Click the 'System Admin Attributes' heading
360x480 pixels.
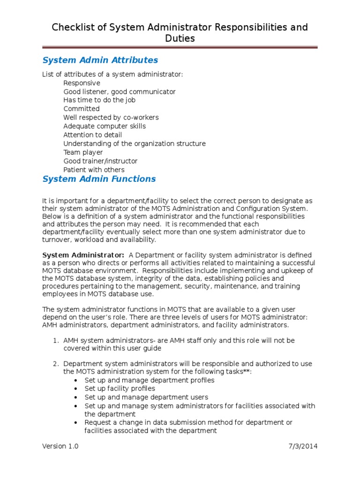pyautogui.click(x=100, y=60)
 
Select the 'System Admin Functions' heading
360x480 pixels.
pyautogui.click(x=99, y=179)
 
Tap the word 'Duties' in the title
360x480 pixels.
pyautogui.click(x=180, y=38)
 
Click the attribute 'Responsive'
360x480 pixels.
pyautogui.click(x=82, y=83)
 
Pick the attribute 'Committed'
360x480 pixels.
pyautogui.click(x=82, y=109)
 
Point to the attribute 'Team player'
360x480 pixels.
pyautogui.click(x=83, y=152)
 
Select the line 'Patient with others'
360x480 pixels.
pyautogui.click(x=94, y=170)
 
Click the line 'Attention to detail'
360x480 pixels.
pyautogui.click(x=92, y=135)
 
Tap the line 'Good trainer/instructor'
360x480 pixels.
pyautogui.click(x=100, y=161)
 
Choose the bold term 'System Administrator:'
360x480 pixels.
pyautogui.click(x=83, y=255)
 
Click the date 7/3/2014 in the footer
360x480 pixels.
pyautogui.click(x=302, y=446)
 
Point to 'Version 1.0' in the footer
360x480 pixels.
pyautogui.click(x=60, y=446)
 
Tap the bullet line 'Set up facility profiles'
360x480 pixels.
pyautogui.click(x=120, y=389)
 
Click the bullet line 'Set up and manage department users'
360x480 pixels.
pyautogui.click(x=139, y=397)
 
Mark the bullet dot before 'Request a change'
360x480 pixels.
pyautogui.click(x=75, y=423)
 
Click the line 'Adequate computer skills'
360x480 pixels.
pyautogui.click(x=105, y=126)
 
